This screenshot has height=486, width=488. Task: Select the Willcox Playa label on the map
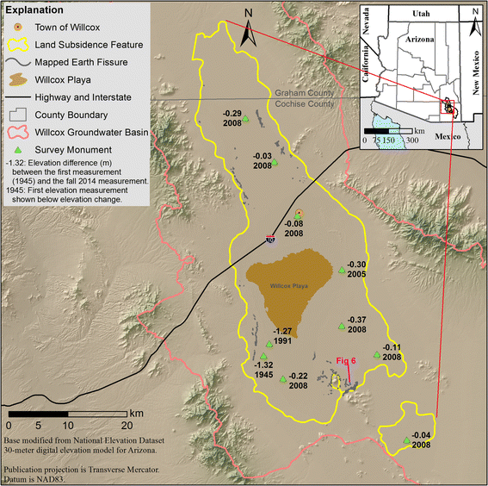pos(284,283)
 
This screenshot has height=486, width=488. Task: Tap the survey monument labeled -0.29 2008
pos(244,120)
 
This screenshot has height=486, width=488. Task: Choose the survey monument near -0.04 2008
pos(407,443)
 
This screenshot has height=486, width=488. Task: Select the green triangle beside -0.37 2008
pos(342,327)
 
